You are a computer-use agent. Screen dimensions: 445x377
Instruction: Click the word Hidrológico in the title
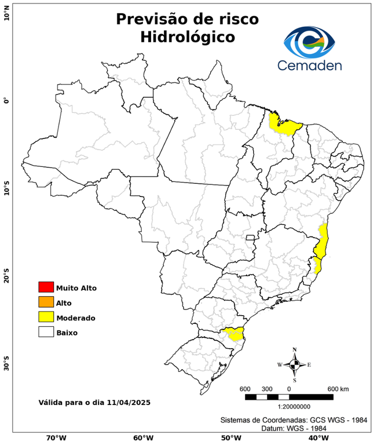187,38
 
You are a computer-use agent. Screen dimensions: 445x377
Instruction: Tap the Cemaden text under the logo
309,65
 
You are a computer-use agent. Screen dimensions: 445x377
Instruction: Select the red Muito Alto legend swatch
46,287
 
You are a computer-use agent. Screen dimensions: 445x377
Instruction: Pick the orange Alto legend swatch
46,302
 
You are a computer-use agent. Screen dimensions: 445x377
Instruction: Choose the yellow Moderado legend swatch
46,318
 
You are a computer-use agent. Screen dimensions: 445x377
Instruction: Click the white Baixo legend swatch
46,333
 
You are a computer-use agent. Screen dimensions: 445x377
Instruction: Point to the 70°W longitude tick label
56,438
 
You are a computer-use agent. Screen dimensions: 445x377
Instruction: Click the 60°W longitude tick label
143,438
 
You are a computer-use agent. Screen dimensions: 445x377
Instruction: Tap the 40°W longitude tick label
317,438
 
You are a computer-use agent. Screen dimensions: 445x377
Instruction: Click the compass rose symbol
294,364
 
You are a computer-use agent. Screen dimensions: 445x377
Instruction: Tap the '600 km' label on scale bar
338,388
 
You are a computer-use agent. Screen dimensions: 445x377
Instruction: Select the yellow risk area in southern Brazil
235,334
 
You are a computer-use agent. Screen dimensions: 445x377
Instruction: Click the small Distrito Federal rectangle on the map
250,238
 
